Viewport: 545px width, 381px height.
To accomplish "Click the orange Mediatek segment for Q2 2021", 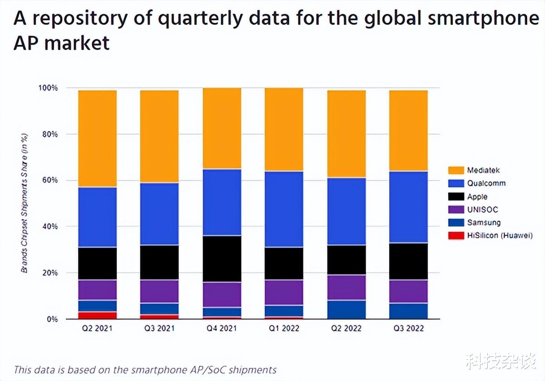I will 97,138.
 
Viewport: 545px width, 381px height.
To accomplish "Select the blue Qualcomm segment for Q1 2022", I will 284,209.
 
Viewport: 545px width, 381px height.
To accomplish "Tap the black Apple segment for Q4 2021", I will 222,259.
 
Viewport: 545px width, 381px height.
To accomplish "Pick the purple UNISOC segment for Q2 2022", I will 347,287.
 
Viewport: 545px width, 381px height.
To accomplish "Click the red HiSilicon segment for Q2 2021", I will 97,315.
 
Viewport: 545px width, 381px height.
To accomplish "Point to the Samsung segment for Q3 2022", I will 408,311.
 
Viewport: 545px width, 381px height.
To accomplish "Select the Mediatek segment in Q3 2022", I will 408,131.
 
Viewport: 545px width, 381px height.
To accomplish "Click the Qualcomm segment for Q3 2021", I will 159,214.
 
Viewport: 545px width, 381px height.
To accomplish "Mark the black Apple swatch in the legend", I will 456,196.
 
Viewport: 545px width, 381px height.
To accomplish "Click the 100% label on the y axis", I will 47,88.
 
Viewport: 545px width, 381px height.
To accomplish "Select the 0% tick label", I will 51,319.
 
